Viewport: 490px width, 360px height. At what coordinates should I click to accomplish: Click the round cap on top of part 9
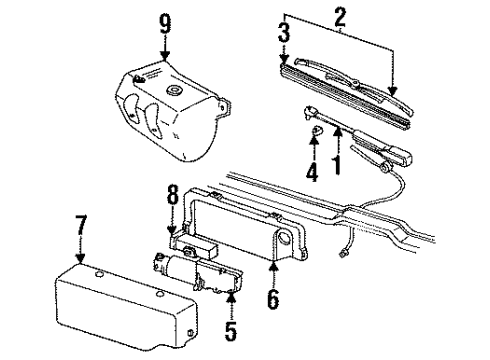coord(176,93)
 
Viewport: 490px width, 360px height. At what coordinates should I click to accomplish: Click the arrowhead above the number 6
coord(271,265)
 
